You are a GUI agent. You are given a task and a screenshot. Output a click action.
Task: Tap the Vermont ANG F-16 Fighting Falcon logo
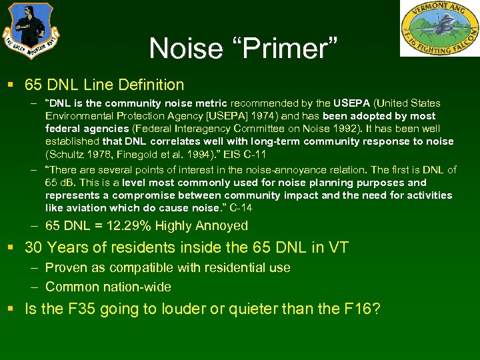pyautogui.click(x=439, y=28)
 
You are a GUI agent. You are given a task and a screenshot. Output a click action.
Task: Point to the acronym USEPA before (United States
pyautogui.click(x=352, y=103)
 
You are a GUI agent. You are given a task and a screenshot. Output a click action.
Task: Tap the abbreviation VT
pyautogui.click(x=336, y=248)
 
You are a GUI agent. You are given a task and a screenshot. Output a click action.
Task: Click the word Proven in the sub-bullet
pyautogui.click(x=65, y=267)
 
